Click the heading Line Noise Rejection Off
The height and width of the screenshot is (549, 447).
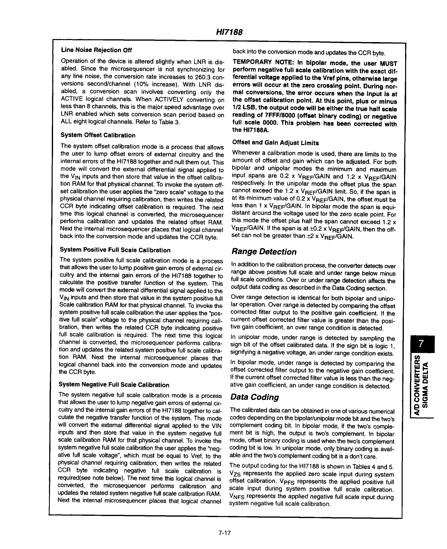click(96, 50)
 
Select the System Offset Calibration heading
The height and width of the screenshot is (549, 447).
click(98, 135)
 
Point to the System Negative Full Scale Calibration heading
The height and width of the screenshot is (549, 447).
click(114, 385)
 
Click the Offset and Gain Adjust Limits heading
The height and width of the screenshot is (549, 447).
click(275, 143)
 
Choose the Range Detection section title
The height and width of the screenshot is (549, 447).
click(264, 252)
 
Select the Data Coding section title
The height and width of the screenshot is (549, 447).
click(254, 397)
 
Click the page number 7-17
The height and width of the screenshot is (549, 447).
click(224, 533)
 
